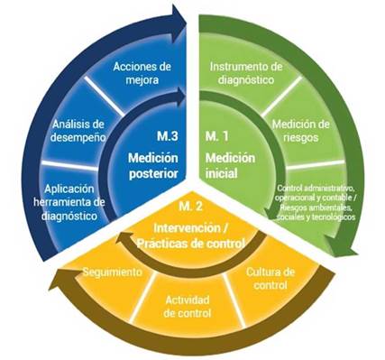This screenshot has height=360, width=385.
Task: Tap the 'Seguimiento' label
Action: coord(112,271)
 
